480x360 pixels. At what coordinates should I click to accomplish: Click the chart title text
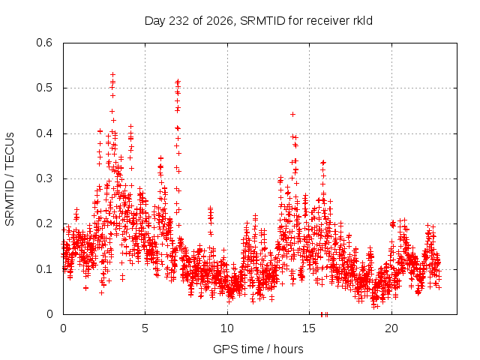(258, 21)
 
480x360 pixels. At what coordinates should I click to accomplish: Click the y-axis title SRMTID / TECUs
(10, 179)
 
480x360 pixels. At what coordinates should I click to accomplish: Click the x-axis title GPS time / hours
(258, 349)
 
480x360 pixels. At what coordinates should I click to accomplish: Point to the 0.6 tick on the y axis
(44, 43)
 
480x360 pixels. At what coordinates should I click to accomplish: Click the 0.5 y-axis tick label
(44, 88)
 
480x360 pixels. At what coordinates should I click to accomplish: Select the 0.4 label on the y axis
(44, 133)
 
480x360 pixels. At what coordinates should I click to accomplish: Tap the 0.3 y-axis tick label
(44, 178)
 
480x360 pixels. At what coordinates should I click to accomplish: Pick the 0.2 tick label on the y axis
(44, 223)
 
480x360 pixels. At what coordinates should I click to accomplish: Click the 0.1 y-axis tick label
(44, 269)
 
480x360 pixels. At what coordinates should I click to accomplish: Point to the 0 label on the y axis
(49, 314)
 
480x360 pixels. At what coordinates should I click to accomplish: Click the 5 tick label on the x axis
(145, 328)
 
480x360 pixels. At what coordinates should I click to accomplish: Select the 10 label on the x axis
(227, 328)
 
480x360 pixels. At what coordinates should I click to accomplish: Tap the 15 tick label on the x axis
(309, 328)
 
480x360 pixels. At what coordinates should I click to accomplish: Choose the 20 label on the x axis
(391, 328)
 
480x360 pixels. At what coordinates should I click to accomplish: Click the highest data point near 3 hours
(113, 74)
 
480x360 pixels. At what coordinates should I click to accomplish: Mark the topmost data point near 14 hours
(292, 114)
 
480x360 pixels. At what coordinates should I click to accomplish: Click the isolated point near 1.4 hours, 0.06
(86, 288)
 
